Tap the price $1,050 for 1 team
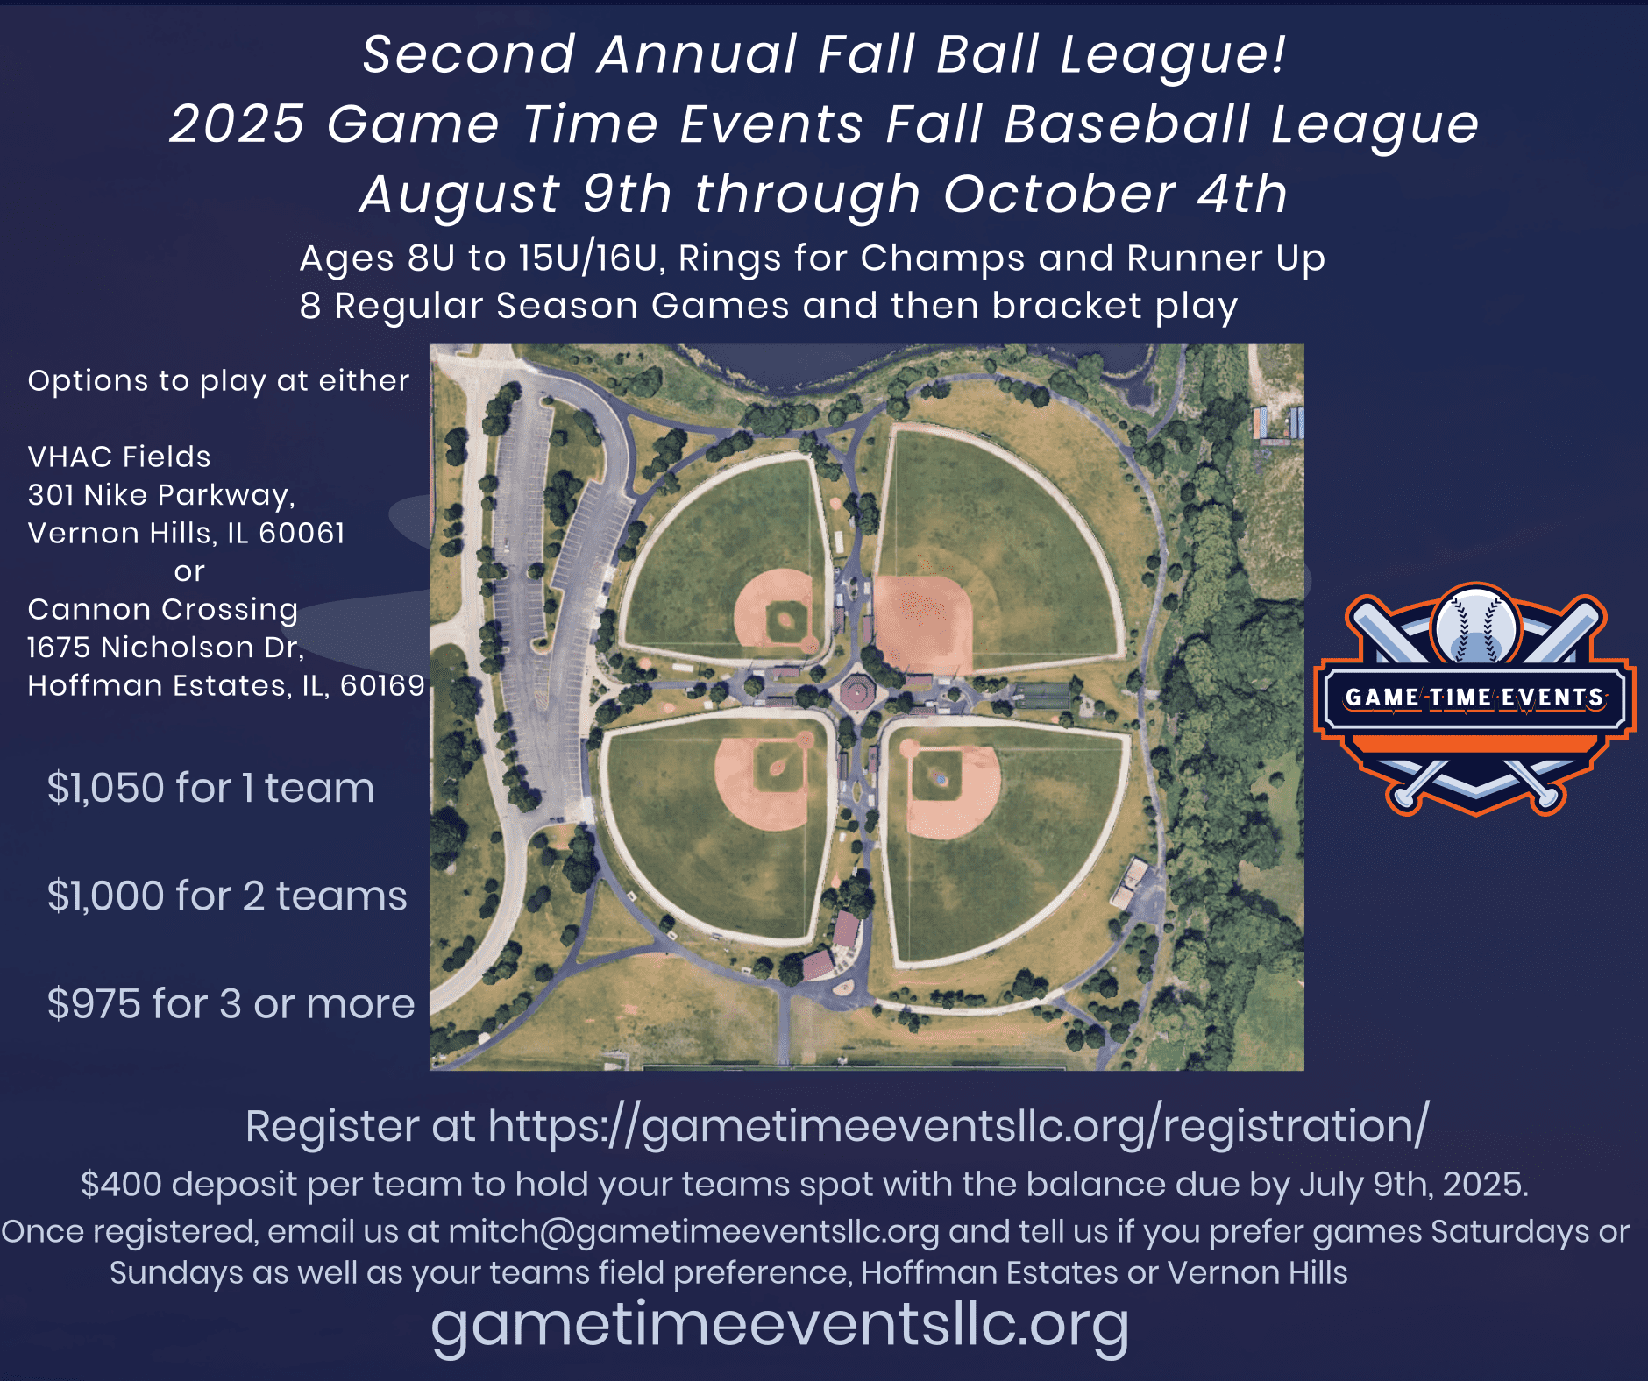pyautogui.click(x=210, y=788)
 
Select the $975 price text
pyautogui.click(x=96, y=1003)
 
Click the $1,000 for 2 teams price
pyautogui.click(x=227, y=896)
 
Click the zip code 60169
pyautogui.click(x=382, y=685)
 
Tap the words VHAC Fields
pyautogui.click(x=119, y=457)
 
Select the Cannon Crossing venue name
pyautogui.click(x=163, y=609)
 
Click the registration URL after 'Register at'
pyautogui.click(x=958, y=1126)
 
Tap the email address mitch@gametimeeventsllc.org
pyautogui.click(x=693, y=1231)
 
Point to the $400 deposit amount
pyautogui.click(x=121, y=1184)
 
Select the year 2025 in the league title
pyautogui.click(x=237, y=124)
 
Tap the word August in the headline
pyautogui.click(x=459, y=195)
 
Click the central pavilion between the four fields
pyautogui.click(x=857, y=691)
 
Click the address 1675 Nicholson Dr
pyautogui.click(x=166, y=648)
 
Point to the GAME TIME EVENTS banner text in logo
pyautogui.click(x=1475, y=698)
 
